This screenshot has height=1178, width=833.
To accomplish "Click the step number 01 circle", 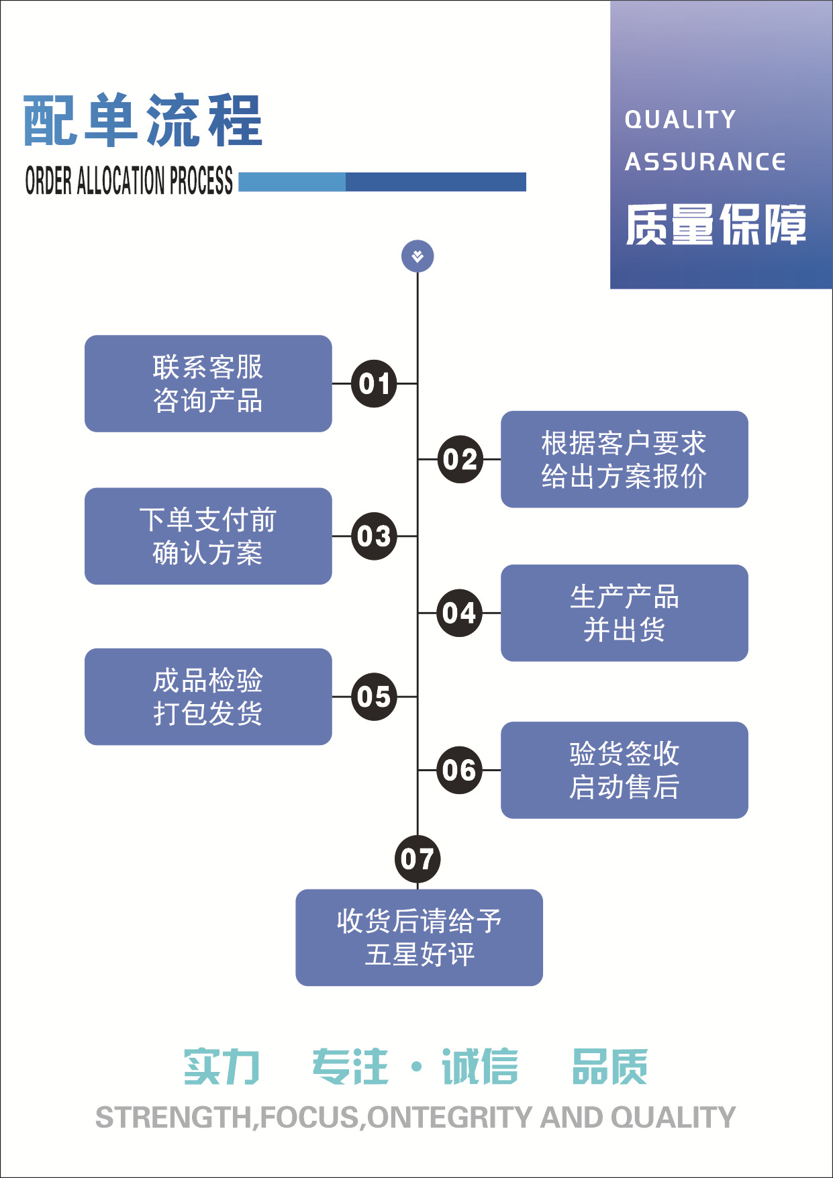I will click(x=374, y=383).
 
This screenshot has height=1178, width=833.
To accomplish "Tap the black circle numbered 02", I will click(x=460, y=459).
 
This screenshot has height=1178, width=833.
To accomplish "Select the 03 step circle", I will click(x=374, y=536).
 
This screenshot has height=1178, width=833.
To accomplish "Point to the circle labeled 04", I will click(x=460, y=613).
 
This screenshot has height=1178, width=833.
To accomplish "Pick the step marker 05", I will click(x=374, y=697).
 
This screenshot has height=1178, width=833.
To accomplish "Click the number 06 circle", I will click(x=460, y=770).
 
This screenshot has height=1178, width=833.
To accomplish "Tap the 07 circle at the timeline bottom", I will click(x=418, y=858).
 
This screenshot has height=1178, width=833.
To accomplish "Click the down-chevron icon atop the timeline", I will click(x=418, y=256).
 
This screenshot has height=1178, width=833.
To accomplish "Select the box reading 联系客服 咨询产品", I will click(x=208, y=383).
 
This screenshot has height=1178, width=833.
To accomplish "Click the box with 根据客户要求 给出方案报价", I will click(x=624, y=459).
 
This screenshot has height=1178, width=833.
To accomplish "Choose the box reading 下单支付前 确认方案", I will click(x=208, y=536).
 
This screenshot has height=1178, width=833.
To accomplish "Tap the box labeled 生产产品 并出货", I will click(x=624, y=613).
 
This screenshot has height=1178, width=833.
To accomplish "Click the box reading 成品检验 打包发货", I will click(x=208, y=697).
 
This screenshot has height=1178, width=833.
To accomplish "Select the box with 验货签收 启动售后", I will click(x=624, y=770).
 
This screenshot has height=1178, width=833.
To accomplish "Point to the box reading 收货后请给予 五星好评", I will click(x=419, y=937).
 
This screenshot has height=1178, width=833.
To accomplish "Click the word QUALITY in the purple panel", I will click(x=680, y=119).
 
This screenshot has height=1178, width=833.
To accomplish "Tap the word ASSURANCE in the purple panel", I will click(x=705, y=162).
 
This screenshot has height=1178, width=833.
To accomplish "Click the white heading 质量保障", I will click(x=716, y=225).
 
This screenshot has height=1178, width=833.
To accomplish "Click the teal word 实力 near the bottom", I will click(x=222, y=1067).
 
